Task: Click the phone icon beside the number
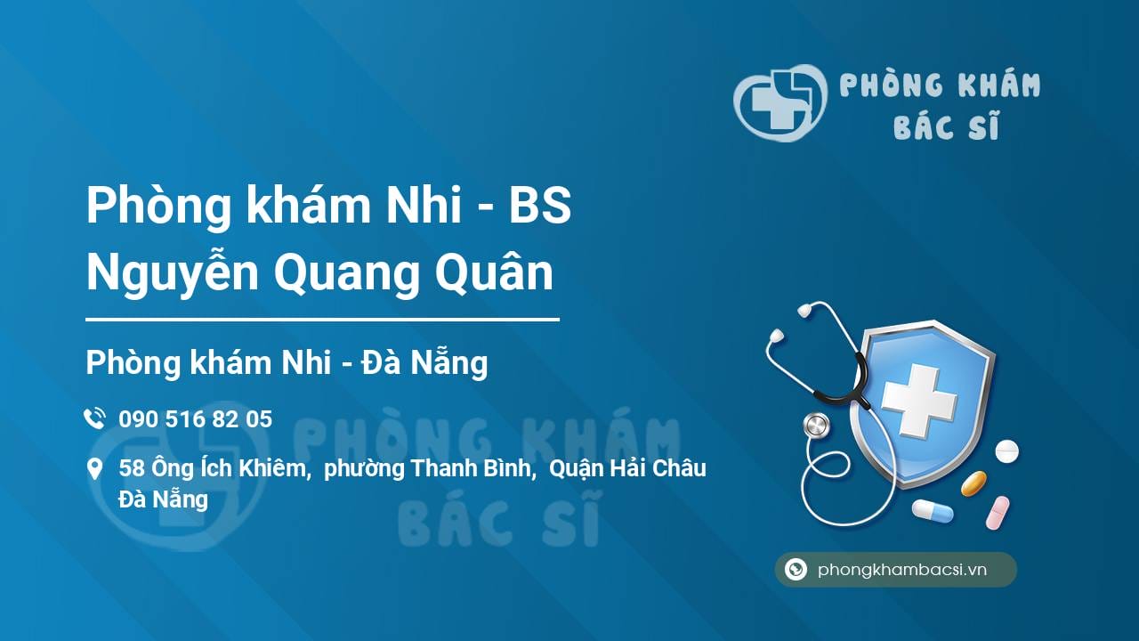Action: [x=93, y=418]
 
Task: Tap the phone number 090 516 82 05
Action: [x=195, y=418]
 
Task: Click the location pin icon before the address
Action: [x=93, y=468]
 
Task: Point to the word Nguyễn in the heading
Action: [x=173, y=274]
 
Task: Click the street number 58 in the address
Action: [x=131, y=468]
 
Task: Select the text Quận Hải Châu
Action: [x=628, y=468]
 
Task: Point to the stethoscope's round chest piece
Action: [x=816, y=426]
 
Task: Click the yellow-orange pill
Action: [x=973, y=483]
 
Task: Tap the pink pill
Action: [x=998, y=513]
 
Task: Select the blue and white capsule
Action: [x=932, y=511]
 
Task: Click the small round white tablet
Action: [x=1006, y=451]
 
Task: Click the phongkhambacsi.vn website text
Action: [x=902, y=570]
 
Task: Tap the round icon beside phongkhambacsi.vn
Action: [x=796, y=570]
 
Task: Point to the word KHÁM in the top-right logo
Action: [x=999, y=85]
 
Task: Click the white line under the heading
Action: [x=322, y=319]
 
